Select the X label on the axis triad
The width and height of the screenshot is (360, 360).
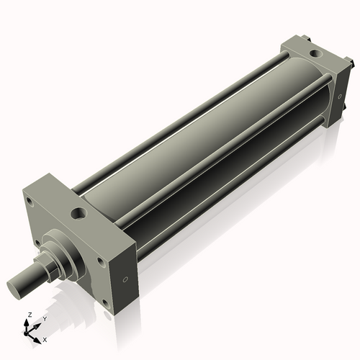click(x=45, y=338)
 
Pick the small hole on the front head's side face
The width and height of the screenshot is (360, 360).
click(x=126, y=279)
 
